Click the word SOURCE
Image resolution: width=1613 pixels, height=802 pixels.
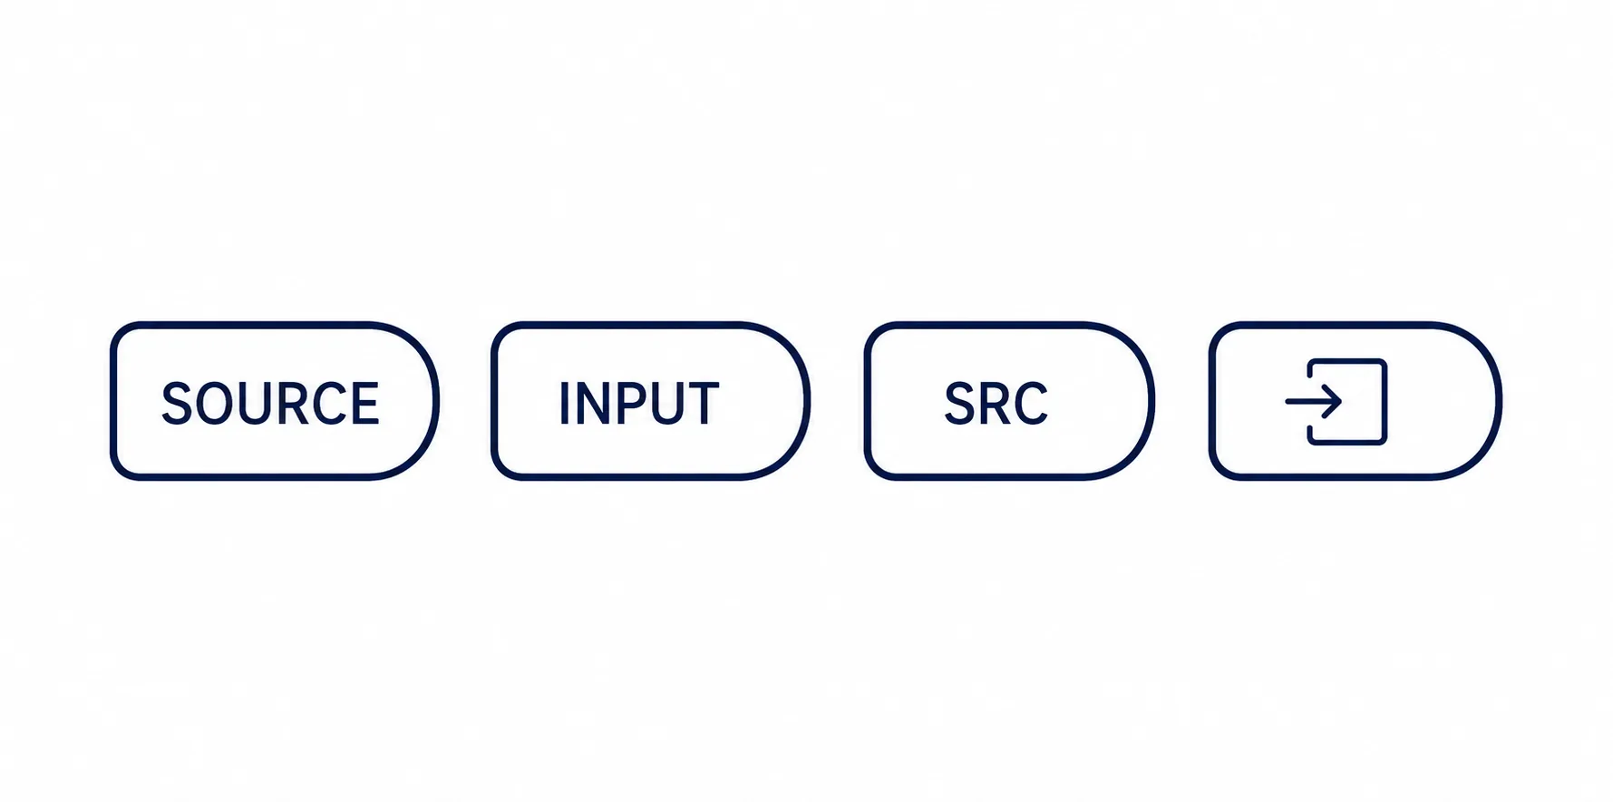pos(270,403)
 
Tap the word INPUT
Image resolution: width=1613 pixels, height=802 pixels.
pos(639,403)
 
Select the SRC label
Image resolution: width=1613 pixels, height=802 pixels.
pos(996,403)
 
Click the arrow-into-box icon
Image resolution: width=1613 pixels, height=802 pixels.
pos(1336,402)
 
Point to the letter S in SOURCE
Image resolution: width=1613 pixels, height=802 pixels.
pos(177,403)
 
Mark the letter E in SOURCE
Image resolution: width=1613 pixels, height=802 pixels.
pos(364,403)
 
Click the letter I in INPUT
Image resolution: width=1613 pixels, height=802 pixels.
pos(564,403)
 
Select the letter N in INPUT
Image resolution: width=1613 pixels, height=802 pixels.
pos(593,403)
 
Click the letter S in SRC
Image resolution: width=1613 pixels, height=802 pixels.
pos(959,403)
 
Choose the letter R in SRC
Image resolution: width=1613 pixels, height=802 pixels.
pos(994,403)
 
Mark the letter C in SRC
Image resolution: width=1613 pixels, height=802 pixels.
pos(1031,403)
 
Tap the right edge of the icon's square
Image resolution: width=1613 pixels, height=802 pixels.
pos(1385,402)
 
